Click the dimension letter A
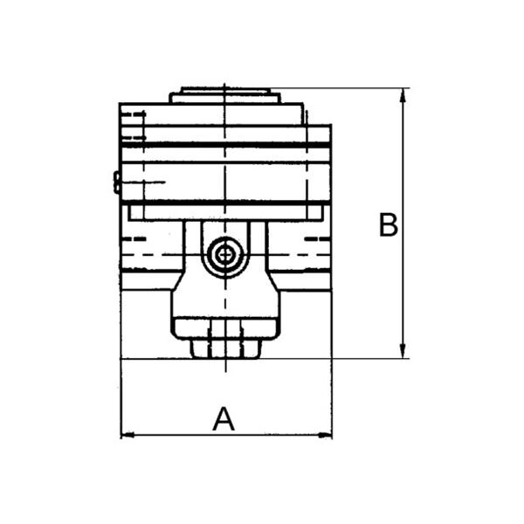pos(224,418)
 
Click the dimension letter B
pos(389,224)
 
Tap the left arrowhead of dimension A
pos(127,435)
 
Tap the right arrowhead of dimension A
pos(325,435)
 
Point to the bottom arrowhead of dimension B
pos(403,351)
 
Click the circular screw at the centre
pos(225,255)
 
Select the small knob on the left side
pos(117,183)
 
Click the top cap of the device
pos(225,95)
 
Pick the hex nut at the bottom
pos(225,348)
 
